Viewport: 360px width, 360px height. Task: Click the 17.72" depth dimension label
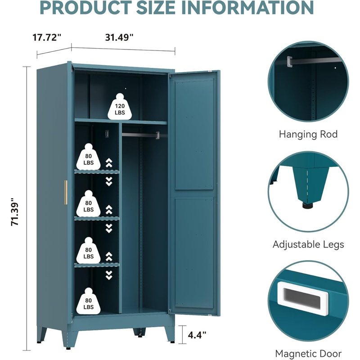(47, 37)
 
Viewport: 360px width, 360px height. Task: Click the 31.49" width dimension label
(119, 37)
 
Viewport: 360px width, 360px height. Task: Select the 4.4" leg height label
(197, 335)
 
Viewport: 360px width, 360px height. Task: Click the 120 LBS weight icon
(120, 107)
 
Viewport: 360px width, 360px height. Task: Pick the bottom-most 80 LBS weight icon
(88, 301)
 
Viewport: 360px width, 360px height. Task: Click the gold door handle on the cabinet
(66, 193)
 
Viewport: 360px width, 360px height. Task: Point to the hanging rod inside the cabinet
(141, 135)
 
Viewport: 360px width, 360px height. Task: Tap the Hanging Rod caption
(308, 134)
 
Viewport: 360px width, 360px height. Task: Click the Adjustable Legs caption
(308, 244)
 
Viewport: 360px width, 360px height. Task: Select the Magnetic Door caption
(308, 354)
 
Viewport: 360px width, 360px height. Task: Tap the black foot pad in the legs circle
(307, 206)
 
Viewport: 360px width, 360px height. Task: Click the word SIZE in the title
(156, 8)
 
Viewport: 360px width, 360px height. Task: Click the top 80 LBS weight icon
(88, 157)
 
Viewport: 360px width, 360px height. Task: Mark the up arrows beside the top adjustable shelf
(109, 162)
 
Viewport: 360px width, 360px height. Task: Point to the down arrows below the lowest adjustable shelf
(109, 275)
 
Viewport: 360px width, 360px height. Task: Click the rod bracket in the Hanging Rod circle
(289, 62)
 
